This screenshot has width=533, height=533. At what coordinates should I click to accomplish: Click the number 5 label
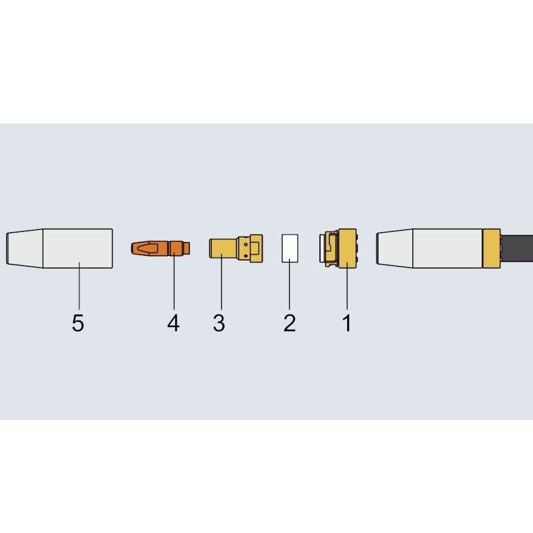pyautogui.click(x=78, y=323)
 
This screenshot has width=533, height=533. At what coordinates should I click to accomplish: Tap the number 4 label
pyautogui.click(x=173, y=323)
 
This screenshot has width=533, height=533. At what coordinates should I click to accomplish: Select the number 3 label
pyautogui.click(x=219, y=323)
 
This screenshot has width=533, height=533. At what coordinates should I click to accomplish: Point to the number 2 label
pyautogui.click(x=290, y=323)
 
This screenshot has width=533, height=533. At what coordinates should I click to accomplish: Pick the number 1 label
pyautogui.click(x=346, y=323)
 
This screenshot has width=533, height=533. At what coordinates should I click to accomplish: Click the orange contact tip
pyautogui.click(x=161, y=248)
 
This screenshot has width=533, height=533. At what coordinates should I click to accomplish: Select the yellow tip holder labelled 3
pyautogui.click(x=236, y=248)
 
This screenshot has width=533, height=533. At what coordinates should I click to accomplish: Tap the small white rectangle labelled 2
pyautogui.click(x=290, y=248)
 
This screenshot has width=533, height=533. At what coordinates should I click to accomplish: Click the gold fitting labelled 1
pyautogui.click(x=338, y=248)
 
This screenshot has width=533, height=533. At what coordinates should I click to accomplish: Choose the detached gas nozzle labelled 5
pyautogui.click(x=59, y=248)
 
